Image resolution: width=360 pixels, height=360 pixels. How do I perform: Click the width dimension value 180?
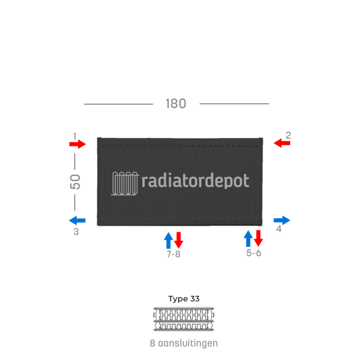click(x=176, y=104)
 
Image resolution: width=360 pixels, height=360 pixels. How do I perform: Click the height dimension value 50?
click(x=75, y=181)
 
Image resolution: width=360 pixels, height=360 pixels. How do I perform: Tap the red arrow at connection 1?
click(x=78, y=144)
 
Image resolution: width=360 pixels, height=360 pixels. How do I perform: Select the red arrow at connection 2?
click(x=282, y=143)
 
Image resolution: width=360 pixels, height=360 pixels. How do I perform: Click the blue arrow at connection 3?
click(x=78, y=219)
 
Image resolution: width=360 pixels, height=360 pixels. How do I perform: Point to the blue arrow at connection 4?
click(x=282, y=220)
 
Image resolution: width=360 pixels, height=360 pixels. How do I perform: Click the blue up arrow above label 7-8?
click(x=168, y=240)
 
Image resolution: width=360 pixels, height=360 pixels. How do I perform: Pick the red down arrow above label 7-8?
click(x=178, y=240)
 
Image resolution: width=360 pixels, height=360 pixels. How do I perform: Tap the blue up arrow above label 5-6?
click(x=248, y=239)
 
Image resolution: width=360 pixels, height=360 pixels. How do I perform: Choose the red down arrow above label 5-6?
click(x=258, y=239)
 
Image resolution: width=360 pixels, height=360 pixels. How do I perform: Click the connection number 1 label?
click(x=75, y=135)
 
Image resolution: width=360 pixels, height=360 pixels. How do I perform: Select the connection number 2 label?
click(x=288, y=135)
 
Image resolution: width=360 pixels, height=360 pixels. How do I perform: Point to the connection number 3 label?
click(x=76, y=232)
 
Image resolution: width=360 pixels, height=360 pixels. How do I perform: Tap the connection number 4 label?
click(x=279, y=228)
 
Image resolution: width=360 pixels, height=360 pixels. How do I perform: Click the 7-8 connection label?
click(x=173, y=255)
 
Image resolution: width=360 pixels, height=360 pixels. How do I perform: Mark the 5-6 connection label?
click(x=254, y=253)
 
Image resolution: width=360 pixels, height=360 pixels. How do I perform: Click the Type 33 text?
click(x=184, y=299)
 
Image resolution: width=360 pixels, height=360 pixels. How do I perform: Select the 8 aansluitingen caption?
click(x=184, y=343)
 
